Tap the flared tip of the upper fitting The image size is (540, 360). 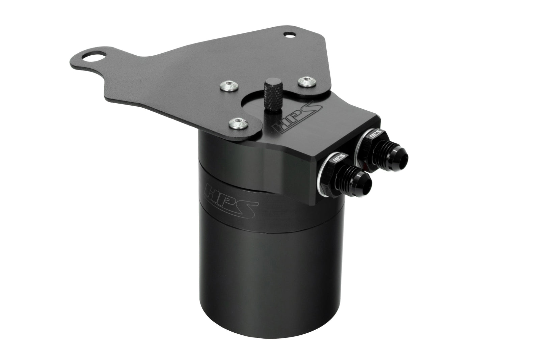[401, 156]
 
